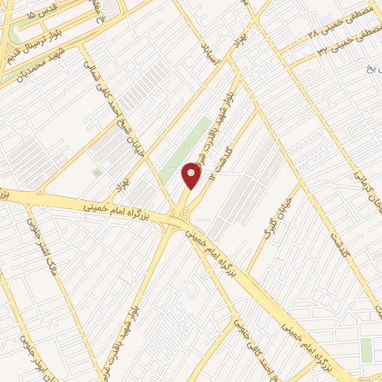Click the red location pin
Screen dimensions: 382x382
click(192, 175)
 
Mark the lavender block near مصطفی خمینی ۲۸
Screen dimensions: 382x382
click(326, 17)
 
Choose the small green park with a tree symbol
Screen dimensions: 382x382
click(96, 172)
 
